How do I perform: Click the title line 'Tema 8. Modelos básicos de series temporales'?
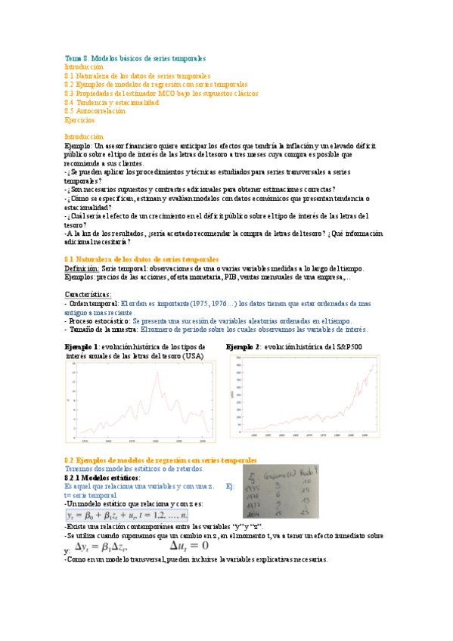pyautogui.click(x=135, y=58)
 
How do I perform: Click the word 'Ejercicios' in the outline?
pyautogui.click(x=79, y=119)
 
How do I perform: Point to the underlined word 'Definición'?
pyautogui.click(x=81, y=268)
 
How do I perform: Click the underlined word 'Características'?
pyautogui.click(x=88, y=294)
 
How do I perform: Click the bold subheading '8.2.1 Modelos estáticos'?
pyautogui.click(x=102, y=478)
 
